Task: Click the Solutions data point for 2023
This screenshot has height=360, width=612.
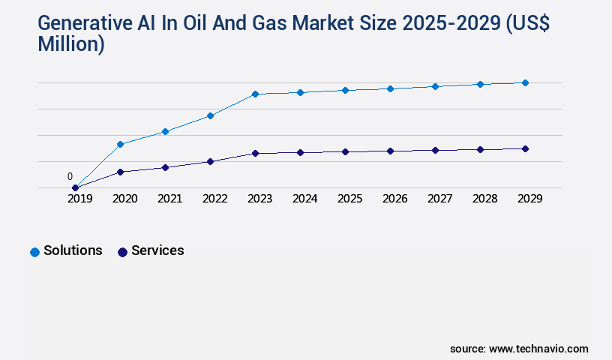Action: [x=255, y=94]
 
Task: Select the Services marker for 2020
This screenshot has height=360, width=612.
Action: [x=120, y=172]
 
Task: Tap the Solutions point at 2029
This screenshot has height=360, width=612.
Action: [x=525, y=82]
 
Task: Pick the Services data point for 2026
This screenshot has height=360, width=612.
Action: [x=390, y=151]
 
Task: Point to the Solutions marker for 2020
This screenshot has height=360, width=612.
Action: [x=120, y=144]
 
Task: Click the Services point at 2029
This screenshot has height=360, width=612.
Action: [x=525, y=148]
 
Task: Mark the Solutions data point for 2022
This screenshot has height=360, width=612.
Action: [x=210, y=115]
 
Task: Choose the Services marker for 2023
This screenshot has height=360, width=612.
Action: [x=255, y=153]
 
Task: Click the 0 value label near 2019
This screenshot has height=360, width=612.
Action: [x=70, y=177]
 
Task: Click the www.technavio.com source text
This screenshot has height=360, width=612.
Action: [x=538, y=349]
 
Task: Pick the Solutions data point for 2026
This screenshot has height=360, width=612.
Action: [x=390, y=88]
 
